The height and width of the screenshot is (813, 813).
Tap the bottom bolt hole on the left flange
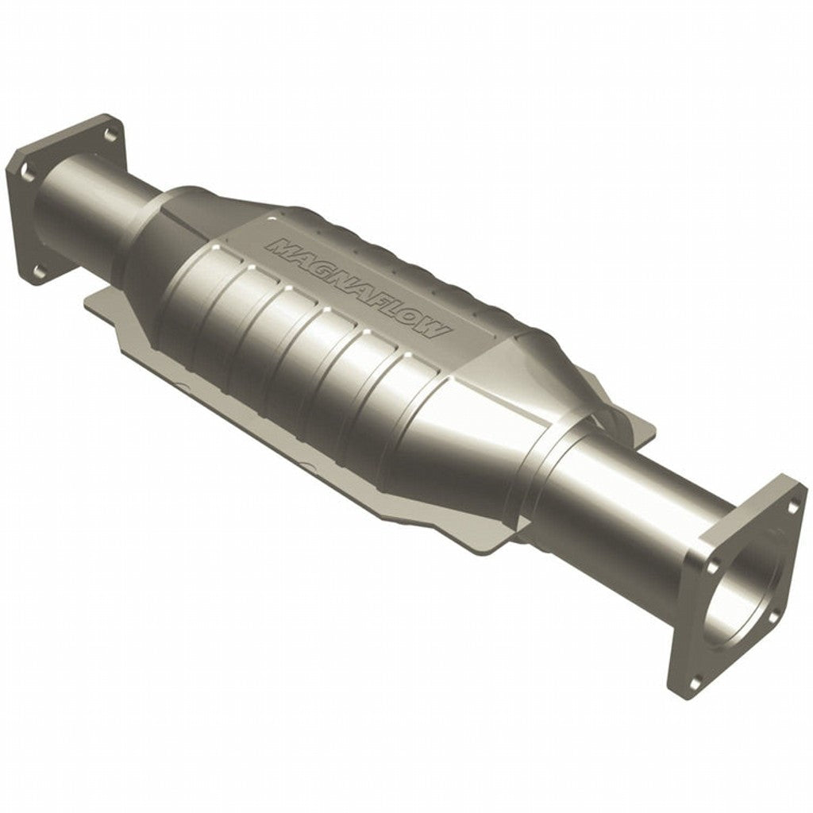click(39, 272)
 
